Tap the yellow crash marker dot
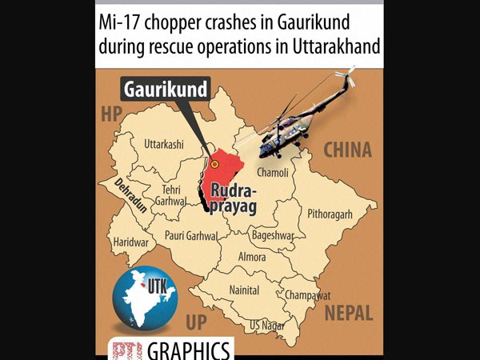tap(214, 164)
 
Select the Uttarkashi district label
tap(162, 145)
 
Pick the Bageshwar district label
tap(272, 237)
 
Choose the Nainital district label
tap(243, 289)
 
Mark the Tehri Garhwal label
tap(172, 196)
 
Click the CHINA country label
tap(347, 150)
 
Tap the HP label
tap(110, 114)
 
